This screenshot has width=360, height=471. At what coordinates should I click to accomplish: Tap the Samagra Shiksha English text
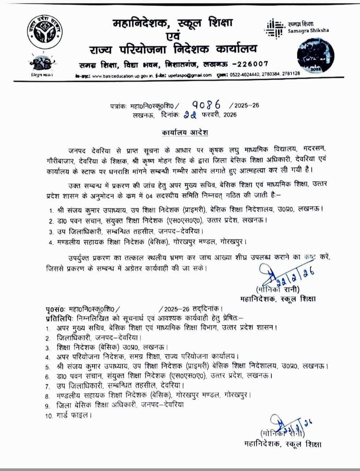point(308,30)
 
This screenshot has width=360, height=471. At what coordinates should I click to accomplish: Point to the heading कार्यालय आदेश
point(183,132)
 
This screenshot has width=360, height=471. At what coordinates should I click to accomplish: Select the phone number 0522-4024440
point(243,75)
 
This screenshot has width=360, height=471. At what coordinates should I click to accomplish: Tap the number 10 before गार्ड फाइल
point(50,416)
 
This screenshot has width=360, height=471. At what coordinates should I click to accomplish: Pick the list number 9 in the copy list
point(49,406)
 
